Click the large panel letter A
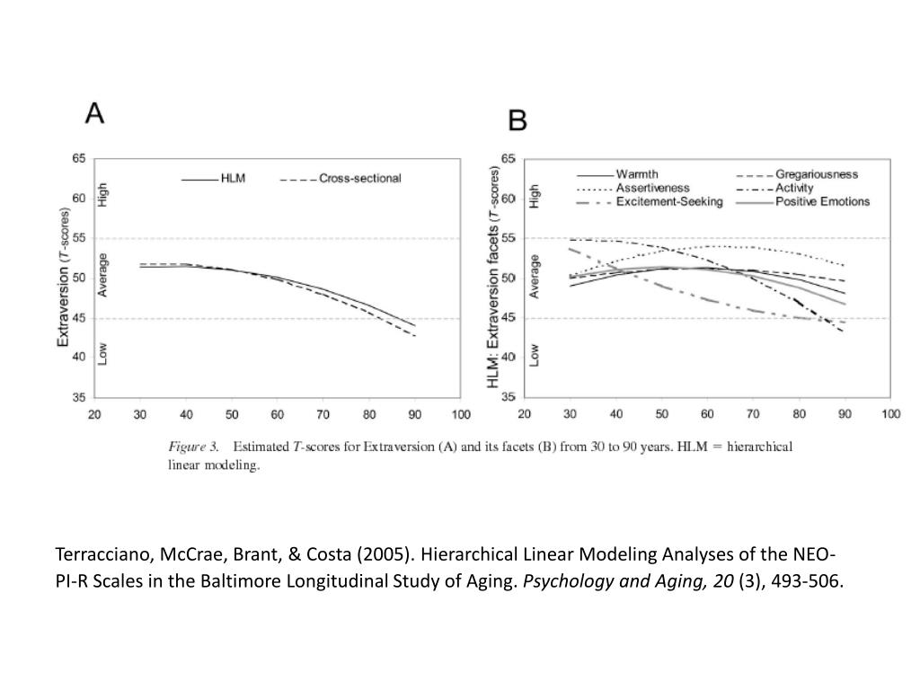94,112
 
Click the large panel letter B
517,120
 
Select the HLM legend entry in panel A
214,179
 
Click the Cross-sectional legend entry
341,179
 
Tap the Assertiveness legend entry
633,188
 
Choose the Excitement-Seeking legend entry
650,201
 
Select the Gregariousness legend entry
797,174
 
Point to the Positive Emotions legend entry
802,201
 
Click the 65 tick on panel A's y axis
79,158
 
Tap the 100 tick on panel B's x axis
890,414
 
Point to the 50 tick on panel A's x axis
232,415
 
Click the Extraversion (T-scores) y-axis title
63,278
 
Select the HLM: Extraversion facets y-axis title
493,277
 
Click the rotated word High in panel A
102,194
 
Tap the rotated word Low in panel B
534,355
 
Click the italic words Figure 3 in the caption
193,447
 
